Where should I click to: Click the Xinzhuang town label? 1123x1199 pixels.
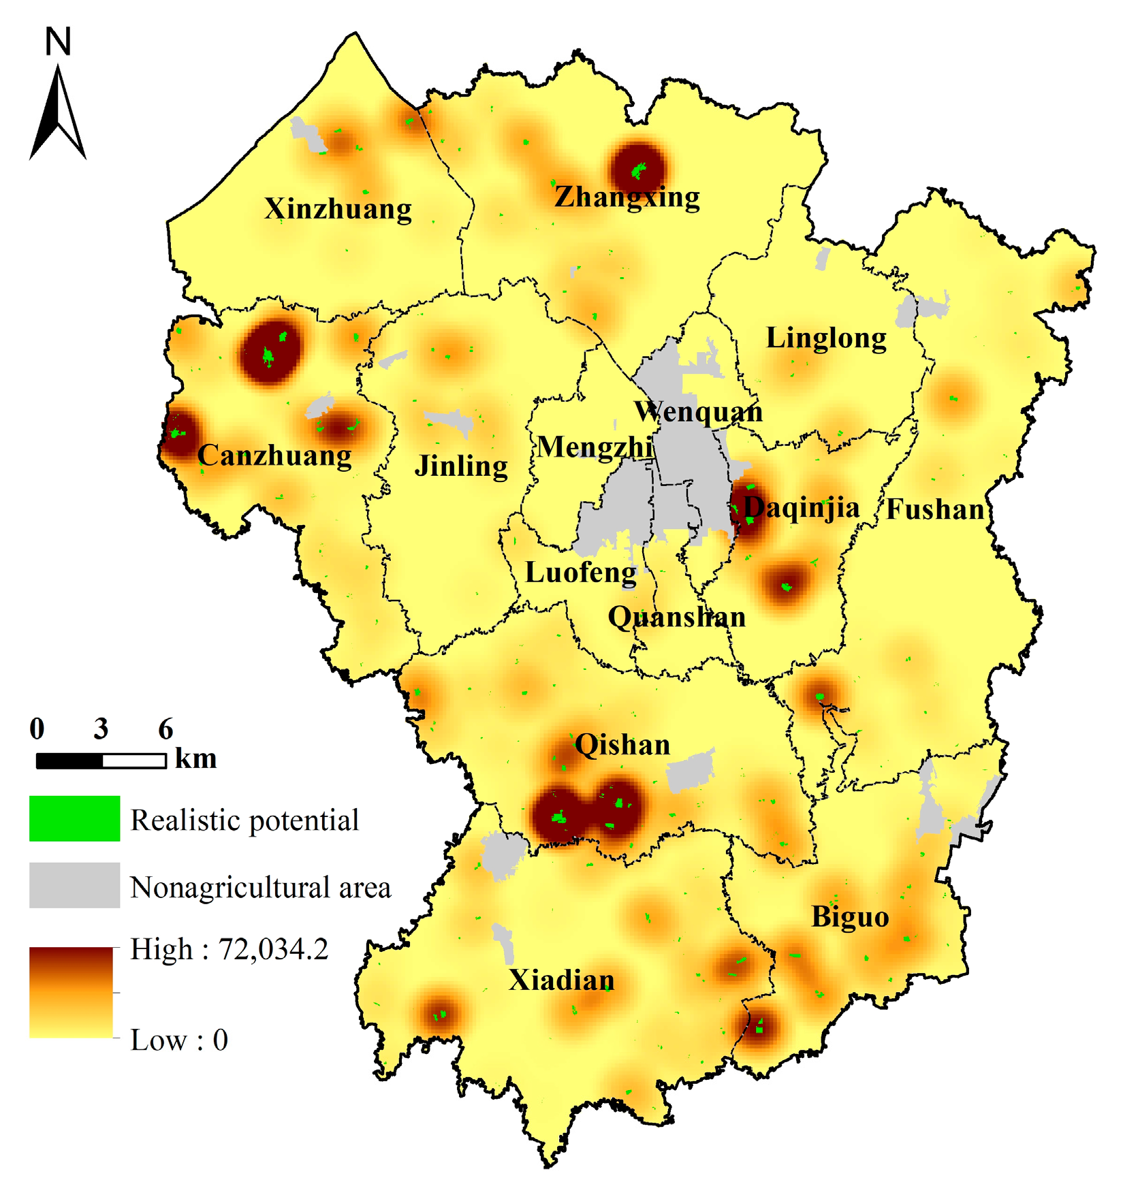[338, 209]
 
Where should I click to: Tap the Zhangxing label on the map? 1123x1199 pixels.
[627, 197]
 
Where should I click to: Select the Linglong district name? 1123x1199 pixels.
[826, 338]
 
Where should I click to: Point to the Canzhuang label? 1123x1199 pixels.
[274, 455]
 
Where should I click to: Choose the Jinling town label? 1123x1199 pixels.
[461, 466]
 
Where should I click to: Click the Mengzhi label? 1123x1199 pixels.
[595, 447]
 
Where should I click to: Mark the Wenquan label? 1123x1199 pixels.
[698, 412]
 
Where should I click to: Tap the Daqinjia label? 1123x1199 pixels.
[802, 508]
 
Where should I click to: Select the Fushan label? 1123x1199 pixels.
[935, 509]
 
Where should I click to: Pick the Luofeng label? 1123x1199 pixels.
[581, 573]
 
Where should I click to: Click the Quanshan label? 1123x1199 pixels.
[676, 618]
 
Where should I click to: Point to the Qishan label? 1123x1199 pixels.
[622, 745]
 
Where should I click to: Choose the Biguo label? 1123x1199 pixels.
[850, 917]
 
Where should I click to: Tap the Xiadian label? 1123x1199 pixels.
[562, 980]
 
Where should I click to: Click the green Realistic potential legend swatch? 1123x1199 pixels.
[74, 818]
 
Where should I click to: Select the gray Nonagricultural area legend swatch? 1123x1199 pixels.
[74, 885]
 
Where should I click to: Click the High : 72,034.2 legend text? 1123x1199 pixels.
[229, 949]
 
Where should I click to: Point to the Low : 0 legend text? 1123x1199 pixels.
[179, 1040]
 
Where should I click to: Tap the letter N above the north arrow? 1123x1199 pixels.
[58, 42]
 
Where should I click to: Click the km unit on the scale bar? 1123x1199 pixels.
[195, 758]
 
